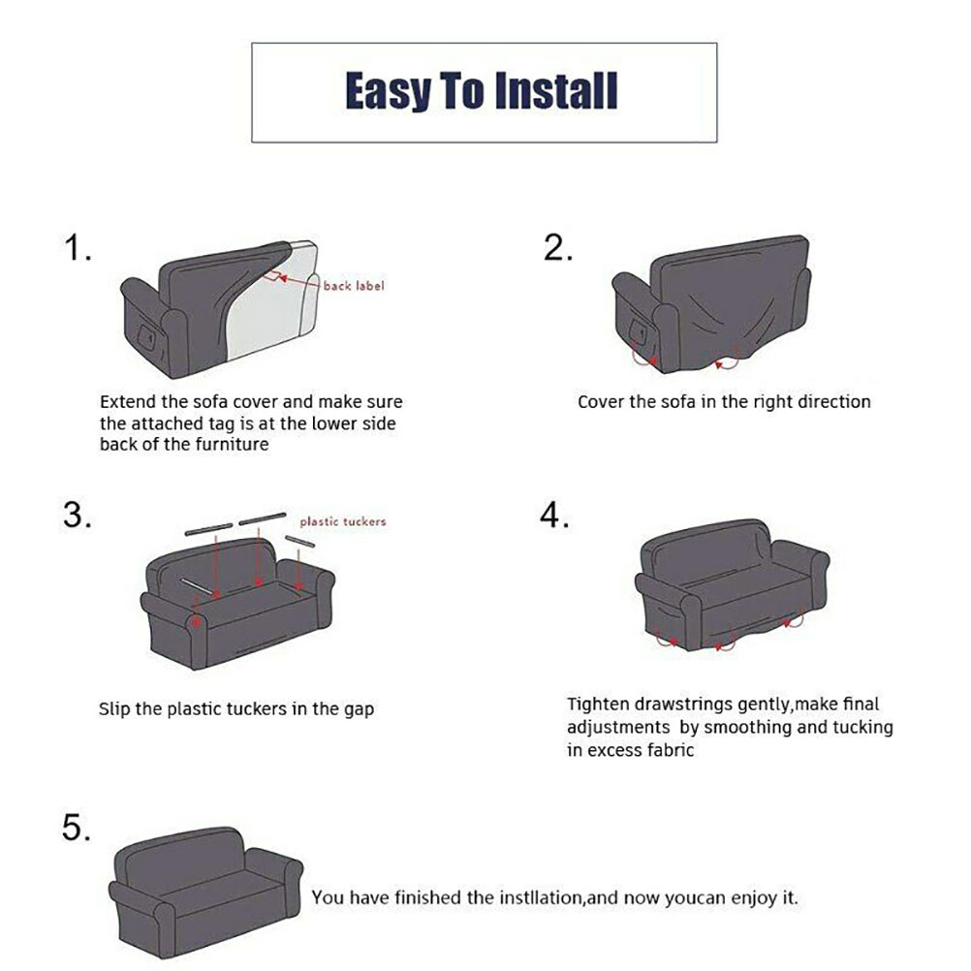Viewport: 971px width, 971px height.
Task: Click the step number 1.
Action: click(78, 248)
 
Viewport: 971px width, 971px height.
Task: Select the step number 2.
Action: click(558, 248)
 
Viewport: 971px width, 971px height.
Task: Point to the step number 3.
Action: click(78, 515)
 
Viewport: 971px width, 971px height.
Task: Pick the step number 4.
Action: click(554, 515)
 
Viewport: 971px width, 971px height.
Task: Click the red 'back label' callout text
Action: click(354, 286)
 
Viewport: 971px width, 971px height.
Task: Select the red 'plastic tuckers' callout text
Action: click(343, 521)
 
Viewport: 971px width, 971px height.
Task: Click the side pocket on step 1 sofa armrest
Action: click(147, 336)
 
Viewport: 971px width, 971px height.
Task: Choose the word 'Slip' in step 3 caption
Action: click(114, 708)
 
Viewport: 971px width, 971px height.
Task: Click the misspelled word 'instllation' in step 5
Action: click(541, 897)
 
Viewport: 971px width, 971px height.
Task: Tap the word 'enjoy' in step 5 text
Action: click(752, 898)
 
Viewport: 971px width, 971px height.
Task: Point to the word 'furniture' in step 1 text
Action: click(233, 444)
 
